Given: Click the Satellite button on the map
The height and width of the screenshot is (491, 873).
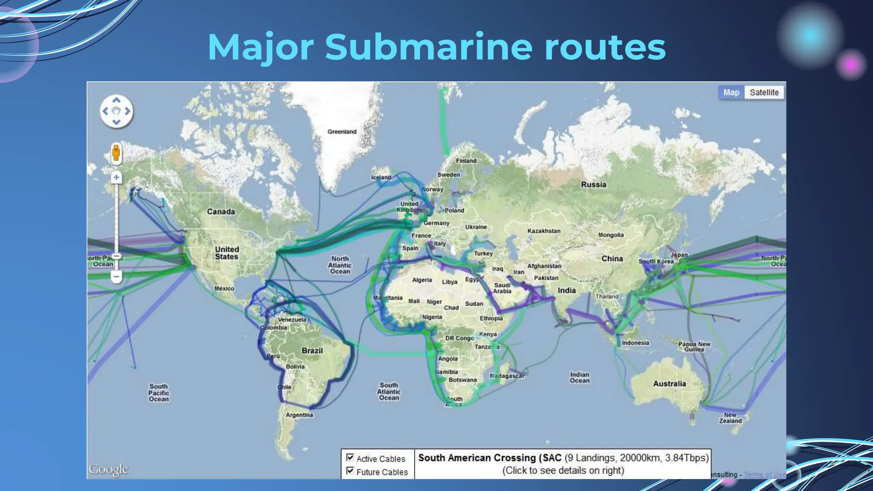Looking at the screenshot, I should coord(764,92).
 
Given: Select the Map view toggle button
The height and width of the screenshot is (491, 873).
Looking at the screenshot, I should coord(731,92).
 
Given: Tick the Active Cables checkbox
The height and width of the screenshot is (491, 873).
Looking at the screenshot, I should coord(350,457).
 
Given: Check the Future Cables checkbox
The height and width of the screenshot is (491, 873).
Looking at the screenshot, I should coord(350,471).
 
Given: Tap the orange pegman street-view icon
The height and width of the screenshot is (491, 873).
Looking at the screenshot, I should coord(116,153).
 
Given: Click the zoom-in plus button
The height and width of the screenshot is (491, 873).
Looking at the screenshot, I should coord(116,177).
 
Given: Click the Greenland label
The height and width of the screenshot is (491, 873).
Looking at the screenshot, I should coord(342,132).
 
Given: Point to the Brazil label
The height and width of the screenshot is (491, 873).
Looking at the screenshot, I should coord(312,351).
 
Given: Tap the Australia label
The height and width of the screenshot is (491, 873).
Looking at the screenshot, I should coord(669,384).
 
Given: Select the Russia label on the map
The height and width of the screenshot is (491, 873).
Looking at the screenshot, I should coord(593,185).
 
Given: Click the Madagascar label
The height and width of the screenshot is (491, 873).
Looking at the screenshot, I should coord(507,376).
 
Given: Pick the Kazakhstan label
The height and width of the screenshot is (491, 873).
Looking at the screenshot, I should coord(544,231).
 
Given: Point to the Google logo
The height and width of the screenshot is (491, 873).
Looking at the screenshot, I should coord(108,470).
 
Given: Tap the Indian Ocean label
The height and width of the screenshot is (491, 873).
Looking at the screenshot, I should coord(579,377).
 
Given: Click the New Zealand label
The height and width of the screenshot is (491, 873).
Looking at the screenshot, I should coord(730,418).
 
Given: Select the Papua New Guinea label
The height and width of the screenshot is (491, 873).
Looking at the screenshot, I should coord(694,347).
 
